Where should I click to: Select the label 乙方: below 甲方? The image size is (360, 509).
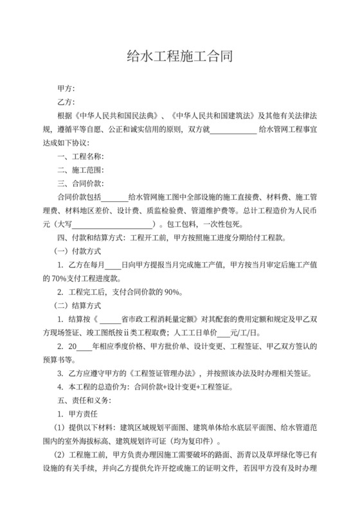point(66,102)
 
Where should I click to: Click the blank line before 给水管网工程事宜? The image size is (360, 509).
point(233,130)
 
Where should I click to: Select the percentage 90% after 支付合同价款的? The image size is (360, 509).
point(172,293)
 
